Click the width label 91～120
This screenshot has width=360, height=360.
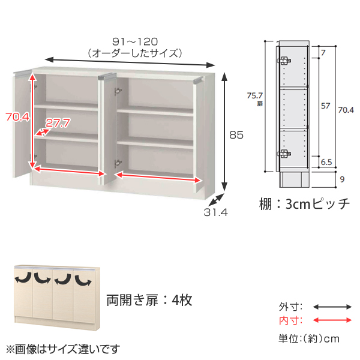pyautogui.click(x=135, y=42)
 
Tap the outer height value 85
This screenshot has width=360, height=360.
pyautogui.click(x=236, y=135)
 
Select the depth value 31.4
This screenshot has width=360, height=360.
pyautogui.click(x=215, y=212)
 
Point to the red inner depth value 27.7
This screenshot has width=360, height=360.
pyautogui.click(x=58, y=123)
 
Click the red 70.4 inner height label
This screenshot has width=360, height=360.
pyautogui.click(x=17, y=117)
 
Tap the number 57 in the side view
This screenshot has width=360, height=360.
pyautogui.click(x=326, y=106)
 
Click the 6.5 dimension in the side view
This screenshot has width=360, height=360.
pyautogui.click(x=326, y=162)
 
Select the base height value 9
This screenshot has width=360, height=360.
pyautogui.click(x=342, y=179)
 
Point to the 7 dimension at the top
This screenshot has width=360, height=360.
pyautogui.click(x=323, y=53)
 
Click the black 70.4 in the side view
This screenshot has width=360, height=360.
pyautogui.click(x=346, y=110)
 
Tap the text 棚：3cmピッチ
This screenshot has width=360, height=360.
pyautogui.click(x=304, y=203)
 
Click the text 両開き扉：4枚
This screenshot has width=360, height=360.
pyautogui.click(x=149, y=300)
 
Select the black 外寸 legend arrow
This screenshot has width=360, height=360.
pyautogui.click(x=332, y=307)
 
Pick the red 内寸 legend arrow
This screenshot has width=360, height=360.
pyautogui.click(x=332, y=320)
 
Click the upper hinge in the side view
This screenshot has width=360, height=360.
pyautogui.click(x=284, y=61)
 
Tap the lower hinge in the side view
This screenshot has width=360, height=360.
pyautogui.click(x=284, y=154)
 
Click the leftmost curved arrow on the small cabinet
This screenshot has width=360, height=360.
pyautogui.click(x=23, y=278)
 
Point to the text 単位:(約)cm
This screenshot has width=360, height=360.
pyautogui.click(x=309, y=338)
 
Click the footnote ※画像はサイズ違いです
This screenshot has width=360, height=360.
pyautogui.click(x=62, y=349)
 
